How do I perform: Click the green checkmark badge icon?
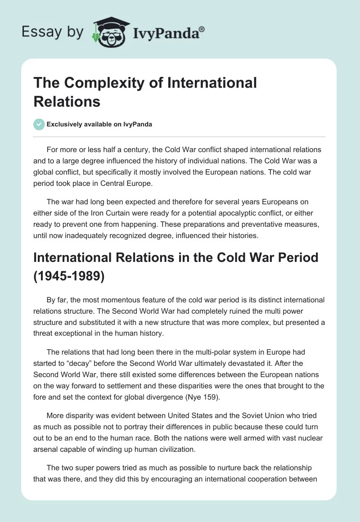(39, 124)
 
